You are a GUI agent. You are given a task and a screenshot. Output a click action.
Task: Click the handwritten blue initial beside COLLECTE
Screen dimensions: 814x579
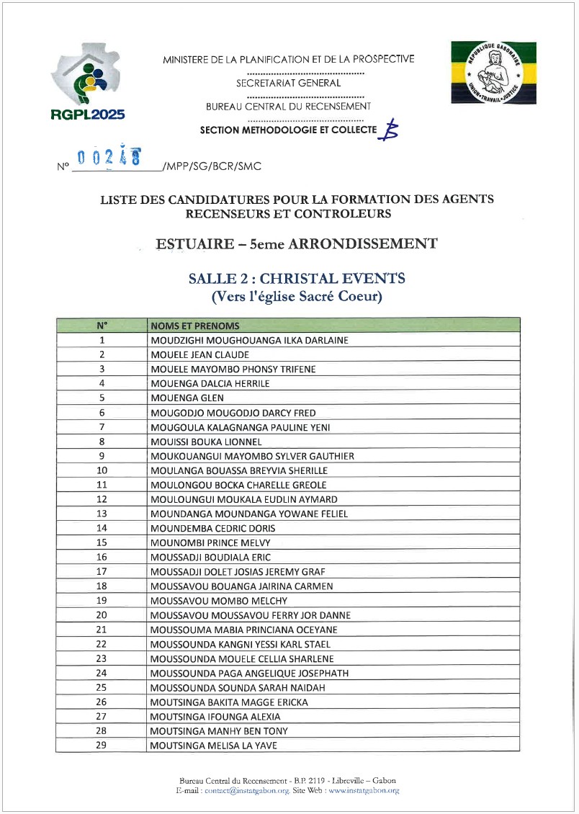[x=390, y=130]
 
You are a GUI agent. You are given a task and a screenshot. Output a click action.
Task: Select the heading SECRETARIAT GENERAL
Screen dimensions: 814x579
[x=289, y=83]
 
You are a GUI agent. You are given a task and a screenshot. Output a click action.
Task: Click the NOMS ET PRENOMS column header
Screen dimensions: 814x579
[x=195, y=326]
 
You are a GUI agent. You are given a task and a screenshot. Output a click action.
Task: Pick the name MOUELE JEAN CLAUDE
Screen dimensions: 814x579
[x=200, y=354]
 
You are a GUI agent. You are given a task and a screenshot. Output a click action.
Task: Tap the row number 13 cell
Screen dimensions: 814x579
[x=102, y=514]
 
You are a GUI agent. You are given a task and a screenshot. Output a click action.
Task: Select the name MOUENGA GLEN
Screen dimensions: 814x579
[x=187, y=398]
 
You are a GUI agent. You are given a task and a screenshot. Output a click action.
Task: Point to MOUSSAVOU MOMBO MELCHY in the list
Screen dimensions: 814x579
[x=219, y=601]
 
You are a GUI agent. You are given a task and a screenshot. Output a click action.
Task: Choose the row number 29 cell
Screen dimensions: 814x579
[x=102, y=745]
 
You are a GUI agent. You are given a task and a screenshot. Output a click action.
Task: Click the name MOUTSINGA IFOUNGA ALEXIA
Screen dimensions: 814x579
[x=215, y=717]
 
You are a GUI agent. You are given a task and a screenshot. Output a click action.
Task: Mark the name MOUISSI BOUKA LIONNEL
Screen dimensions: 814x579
[x=206, y=442]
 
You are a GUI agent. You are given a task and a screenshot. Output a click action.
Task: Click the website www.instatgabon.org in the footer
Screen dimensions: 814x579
[x=364, y=790]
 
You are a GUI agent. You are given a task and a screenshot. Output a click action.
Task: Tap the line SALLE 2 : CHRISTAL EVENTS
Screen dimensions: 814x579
[x=296, y=278]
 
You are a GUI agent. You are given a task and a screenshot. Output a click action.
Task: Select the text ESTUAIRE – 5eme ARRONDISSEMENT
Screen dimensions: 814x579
[x=296, y=243]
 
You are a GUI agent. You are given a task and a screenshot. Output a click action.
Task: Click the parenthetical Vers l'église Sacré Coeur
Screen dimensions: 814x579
[x=296, y=295]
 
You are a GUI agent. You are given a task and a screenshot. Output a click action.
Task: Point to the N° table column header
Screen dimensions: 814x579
[x=102, y=326]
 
